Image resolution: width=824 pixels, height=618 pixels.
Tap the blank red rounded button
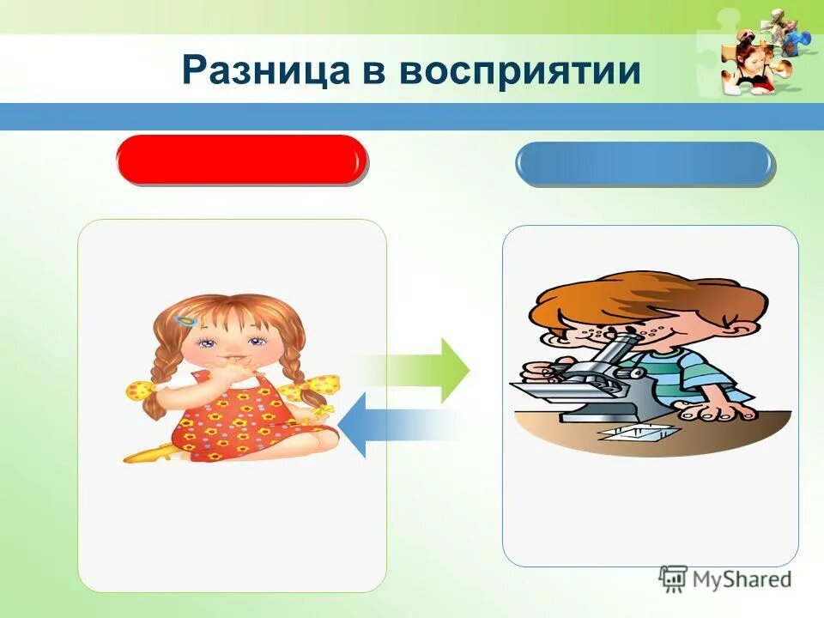tap(242, 160)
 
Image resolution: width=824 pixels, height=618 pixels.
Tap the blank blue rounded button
tap(644, 164)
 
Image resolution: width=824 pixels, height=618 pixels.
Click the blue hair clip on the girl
tap(185, 320)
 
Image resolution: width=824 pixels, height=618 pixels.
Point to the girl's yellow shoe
tap(146, 453)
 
